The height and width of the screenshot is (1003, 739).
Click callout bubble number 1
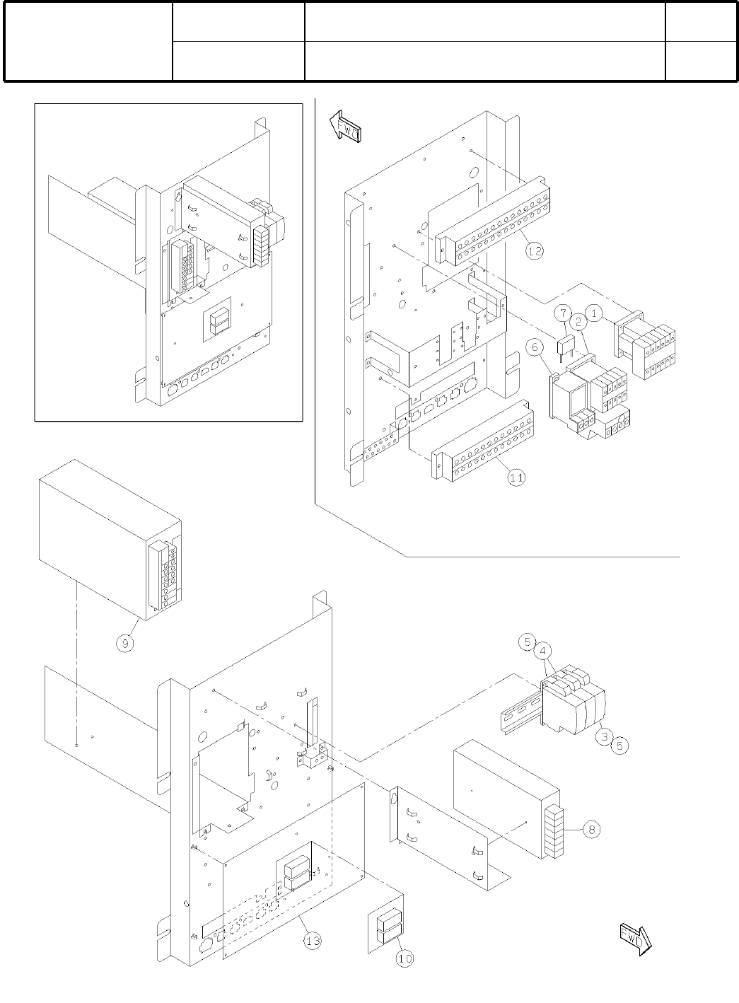[x=595, y=311]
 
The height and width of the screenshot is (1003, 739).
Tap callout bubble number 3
[x=603, y=736]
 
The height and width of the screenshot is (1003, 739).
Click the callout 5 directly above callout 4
[x=526, y=642]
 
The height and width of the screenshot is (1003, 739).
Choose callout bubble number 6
[x=535, y=347]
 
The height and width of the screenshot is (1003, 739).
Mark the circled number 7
[x=562, y=312]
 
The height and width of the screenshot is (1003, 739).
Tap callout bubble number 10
[x=404, y=958]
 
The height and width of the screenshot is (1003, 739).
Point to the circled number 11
[x=517, y=477]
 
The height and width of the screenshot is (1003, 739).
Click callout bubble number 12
[x=535, y=250]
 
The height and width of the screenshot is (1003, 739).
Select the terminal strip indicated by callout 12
[x=495, y=219]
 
